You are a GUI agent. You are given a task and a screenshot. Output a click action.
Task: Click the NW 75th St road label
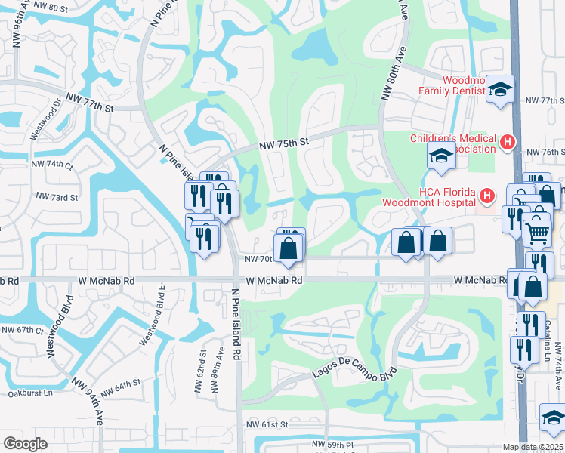[284, 142]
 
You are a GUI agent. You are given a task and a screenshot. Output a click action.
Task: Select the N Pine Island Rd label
[236, 323]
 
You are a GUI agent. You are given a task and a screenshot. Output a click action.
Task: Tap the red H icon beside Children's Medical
[508, 140]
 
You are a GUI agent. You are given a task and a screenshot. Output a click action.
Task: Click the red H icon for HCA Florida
[487, 196]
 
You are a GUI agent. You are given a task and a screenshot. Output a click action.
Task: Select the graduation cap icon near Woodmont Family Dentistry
[500, 90]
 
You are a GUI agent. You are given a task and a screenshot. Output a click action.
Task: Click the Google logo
[25, 444]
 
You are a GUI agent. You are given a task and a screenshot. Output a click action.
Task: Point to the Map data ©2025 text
[533, 447]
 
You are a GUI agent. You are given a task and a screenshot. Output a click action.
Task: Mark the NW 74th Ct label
[52, 164]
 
